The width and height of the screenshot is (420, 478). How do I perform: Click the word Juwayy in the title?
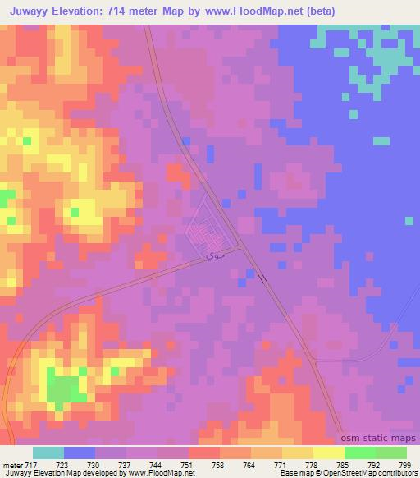[x=29, y=11]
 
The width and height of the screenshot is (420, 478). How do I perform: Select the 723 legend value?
[x=64, y=465]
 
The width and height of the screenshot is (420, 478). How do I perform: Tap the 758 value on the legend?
[x=220, y=465]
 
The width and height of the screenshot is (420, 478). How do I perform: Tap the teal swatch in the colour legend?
[x=48, y=453]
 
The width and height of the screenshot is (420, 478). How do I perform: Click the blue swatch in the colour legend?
[x=80, y=453]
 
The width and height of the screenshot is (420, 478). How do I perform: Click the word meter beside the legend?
[x=11, y=465]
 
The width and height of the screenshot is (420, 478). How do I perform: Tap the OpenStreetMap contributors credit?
[x=373, y=473]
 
